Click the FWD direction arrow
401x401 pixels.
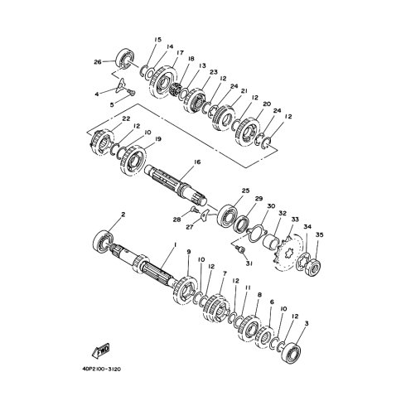(x=100, y=350)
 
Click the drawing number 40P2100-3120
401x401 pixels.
(x=102, y=369)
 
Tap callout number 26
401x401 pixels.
(x=98, y=62)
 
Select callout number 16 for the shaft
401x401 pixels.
(x=197, y=162)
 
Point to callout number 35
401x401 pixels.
(x=319, y=234)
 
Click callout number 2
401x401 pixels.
(x=123, y=215)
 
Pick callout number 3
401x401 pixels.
(x=306, y=323)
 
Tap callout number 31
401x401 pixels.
(x=249, y=263)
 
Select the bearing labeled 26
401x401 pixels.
(x=126, y=58)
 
